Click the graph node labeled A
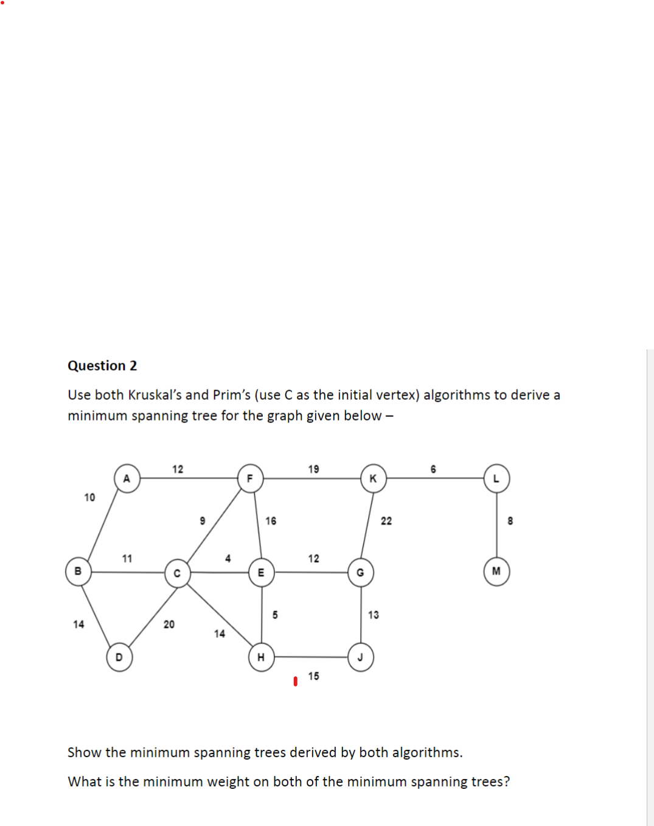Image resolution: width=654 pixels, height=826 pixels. (127, 478)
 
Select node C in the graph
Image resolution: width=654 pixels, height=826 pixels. (177, 573)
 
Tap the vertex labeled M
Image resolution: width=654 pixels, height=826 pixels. (496, 572)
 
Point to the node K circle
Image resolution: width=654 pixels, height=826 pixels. (373, 478)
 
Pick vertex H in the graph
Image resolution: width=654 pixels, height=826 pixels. (261, 657)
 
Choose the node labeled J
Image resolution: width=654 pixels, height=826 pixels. (360, 657)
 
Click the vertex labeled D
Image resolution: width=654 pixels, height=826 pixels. (119, 657)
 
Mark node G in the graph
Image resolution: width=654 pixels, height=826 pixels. (360, 573)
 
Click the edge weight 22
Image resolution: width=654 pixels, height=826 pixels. (386, 521)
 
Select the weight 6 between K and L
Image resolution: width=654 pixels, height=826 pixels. (433, 469)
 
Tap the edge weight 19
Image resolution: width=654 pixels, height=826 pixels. (313, 469)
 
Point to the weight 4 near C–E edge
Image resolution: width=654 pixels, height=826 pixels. (228, 559)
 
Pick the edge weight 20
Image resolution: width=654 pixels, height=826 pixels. (169, 625)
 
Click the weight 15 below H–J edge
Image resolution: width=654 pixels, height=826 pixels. (313, 676)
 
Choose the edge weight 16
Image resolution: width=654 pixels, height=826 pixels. (271, 521)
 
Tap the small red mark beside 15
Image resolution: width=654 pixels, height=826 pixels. (296, 681)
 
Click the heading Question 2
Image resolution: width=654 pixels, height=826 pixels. (102, 366)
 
